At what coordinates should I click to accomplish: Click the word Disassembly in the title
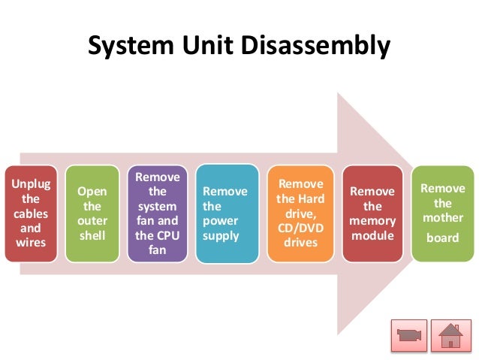[x=316, y=47]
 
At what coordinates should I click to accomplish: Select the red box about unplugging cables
[x=29, y=213]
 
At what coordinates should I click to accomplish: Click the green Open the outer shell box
[x=92, y=213]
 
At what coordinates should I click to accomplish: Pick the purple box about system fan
[x=158, y=213]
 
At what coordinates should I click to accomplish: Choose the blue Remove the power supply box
[x=227, y=213]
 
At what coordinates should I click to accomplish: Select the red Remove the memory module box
[x=373, y=213]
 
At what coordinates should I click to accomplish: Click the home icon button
[x=450, y=334]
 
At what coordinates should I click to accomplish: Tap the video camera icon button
[x=409, y=334]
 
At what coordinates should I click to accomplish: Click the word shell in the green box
[x=92, y=234]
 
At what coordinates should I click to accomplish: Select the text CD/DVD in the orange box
[x=300, y=228]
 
